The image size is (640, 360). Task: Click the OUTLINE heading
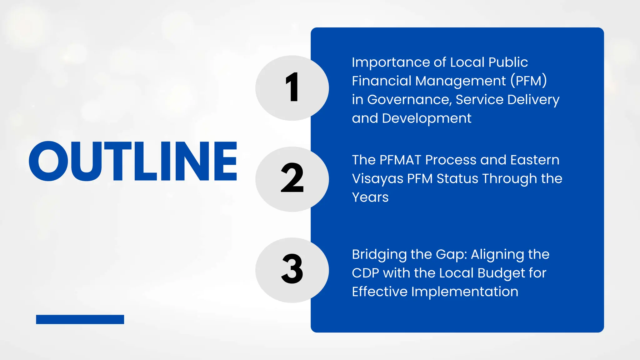(x=133, y=161)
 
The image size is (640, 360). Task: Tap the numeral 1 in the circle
(x=292, y=87)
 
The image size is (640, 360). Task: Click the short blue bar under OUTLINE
(x=80, y=319)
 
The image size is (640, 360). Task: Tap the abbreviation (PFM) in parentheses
(x=528, y=81)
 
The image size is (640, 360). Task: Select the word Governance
(x=409, y=100)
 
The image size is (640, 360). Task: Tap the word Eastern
(x=535, y=160)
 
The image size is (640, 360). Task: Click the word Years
(x=370, y=197)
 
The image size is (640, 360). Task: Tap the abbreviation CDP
(x=365, y=273)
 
